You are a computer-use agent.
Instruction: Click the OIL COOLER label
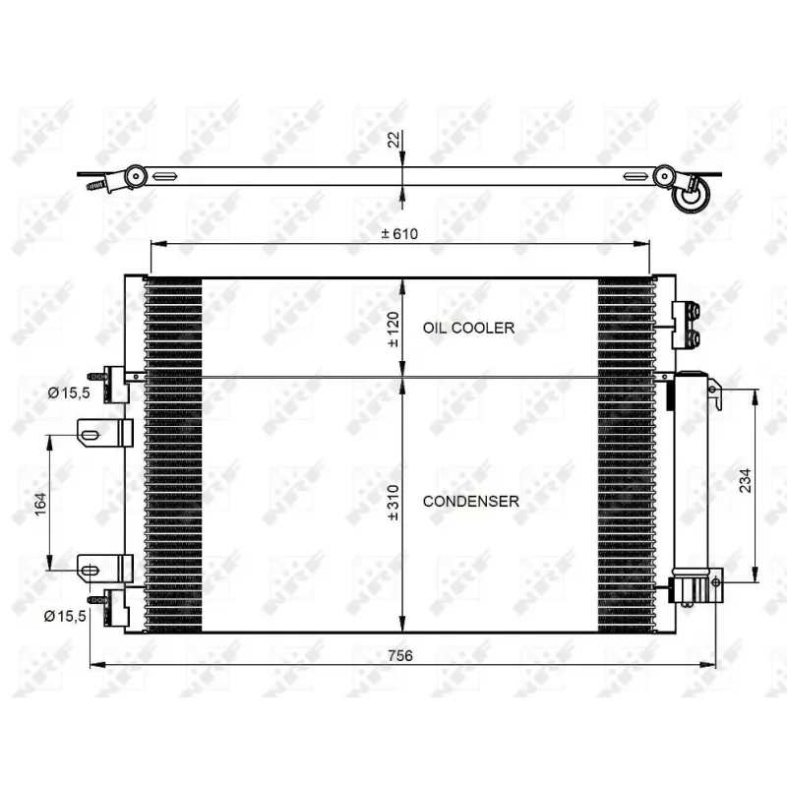pos(468,328)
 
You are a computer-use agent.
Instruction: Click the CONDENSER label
pos(470,501)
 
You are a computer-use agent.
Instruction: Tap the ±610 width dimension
pos(399,233)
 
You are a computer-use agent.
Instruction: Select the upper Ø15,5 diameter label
pos(69,393)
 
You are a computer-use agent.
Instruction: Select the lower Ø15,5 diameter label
pos(69,615)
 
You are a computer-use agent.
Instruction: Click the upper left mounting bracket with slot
pos(104,432)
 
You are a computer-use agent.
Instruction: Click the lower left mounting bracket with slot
pos(104,569)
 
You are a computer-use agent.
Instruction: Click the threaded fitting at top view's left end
pos(96,185)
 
